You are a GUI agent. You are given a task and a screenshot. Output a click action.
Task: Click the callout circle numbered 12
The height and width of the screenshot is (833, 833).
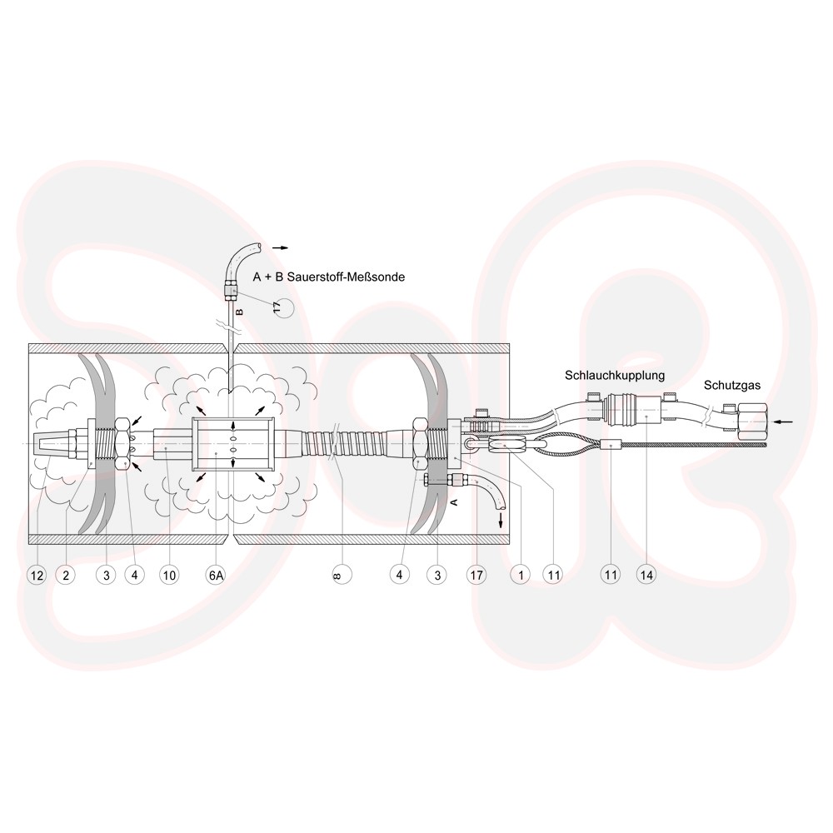pos(37,575)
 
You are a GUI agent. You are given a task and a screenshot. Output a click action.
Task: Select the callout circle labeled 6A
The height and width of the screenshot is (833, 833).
pos(216,575)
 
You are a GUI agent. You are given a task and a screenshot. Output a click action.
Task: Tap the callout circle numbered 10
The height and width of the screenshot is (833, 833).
pos(169,575)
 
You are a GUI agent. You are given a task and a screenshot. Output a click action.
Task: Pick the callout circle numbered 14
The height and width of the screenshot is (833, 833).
pos(646,575)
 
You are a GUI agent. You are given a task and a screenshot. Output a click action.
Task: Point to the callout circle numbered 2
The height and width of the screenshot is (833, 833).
pos(66,575)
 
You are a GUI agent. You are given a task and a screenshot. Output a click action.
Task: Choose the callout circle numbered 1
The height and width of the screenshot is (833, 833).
pos(521,575)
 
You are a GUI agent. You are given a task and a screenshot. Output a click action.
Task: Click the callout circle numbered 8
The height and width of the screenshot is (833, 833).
pos(342,575)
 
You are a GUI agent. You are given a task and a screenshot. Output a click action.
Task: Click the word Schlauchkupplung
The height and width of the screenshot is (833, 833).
pos(615,376)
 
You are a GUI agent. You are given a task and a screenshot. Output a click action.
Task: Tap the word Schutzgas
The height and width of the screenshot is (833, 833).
pos(732,386)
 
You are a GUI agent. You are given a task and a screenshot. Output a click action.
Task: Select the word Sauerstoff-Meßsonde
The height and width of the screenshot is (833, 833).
pos(346,277)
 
